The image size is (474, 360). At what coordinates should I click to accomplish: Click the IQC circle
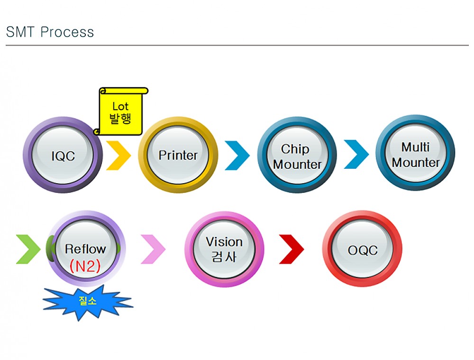click(x=63, y=156)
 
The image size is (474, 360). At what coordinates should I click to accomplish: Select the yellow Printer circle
click(x=178, y=155)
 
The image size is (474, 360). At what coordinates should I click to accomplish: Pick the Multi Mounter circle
click(x=416, y=155)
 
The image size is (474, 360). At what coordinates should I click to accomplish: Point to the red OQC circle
click(x=363, y=250)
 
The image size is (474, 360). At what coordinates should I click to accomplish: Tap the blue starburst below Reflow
click(x=88, y=301)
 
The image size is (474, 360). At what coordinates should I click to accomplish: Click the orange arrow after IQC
click(x=118, y=155)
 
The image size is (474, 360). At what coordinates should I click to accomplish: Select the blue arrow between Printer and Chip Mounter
click(x=237, y=155)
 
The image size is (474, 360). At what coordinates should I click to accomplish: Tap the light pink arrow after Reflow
click(x=153, y=249)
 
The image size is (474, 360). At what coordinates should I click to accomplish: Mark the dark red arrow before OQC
click(x=292, y=249)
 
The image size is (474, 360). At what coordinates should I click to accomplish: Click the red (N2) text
click(x=85, y=266)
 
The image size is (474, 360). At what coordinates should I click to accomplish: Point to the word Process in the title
click(x=67, y=32)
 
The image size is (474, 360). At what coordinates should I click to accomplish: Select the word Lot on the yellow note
click(x=120, y=106)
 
